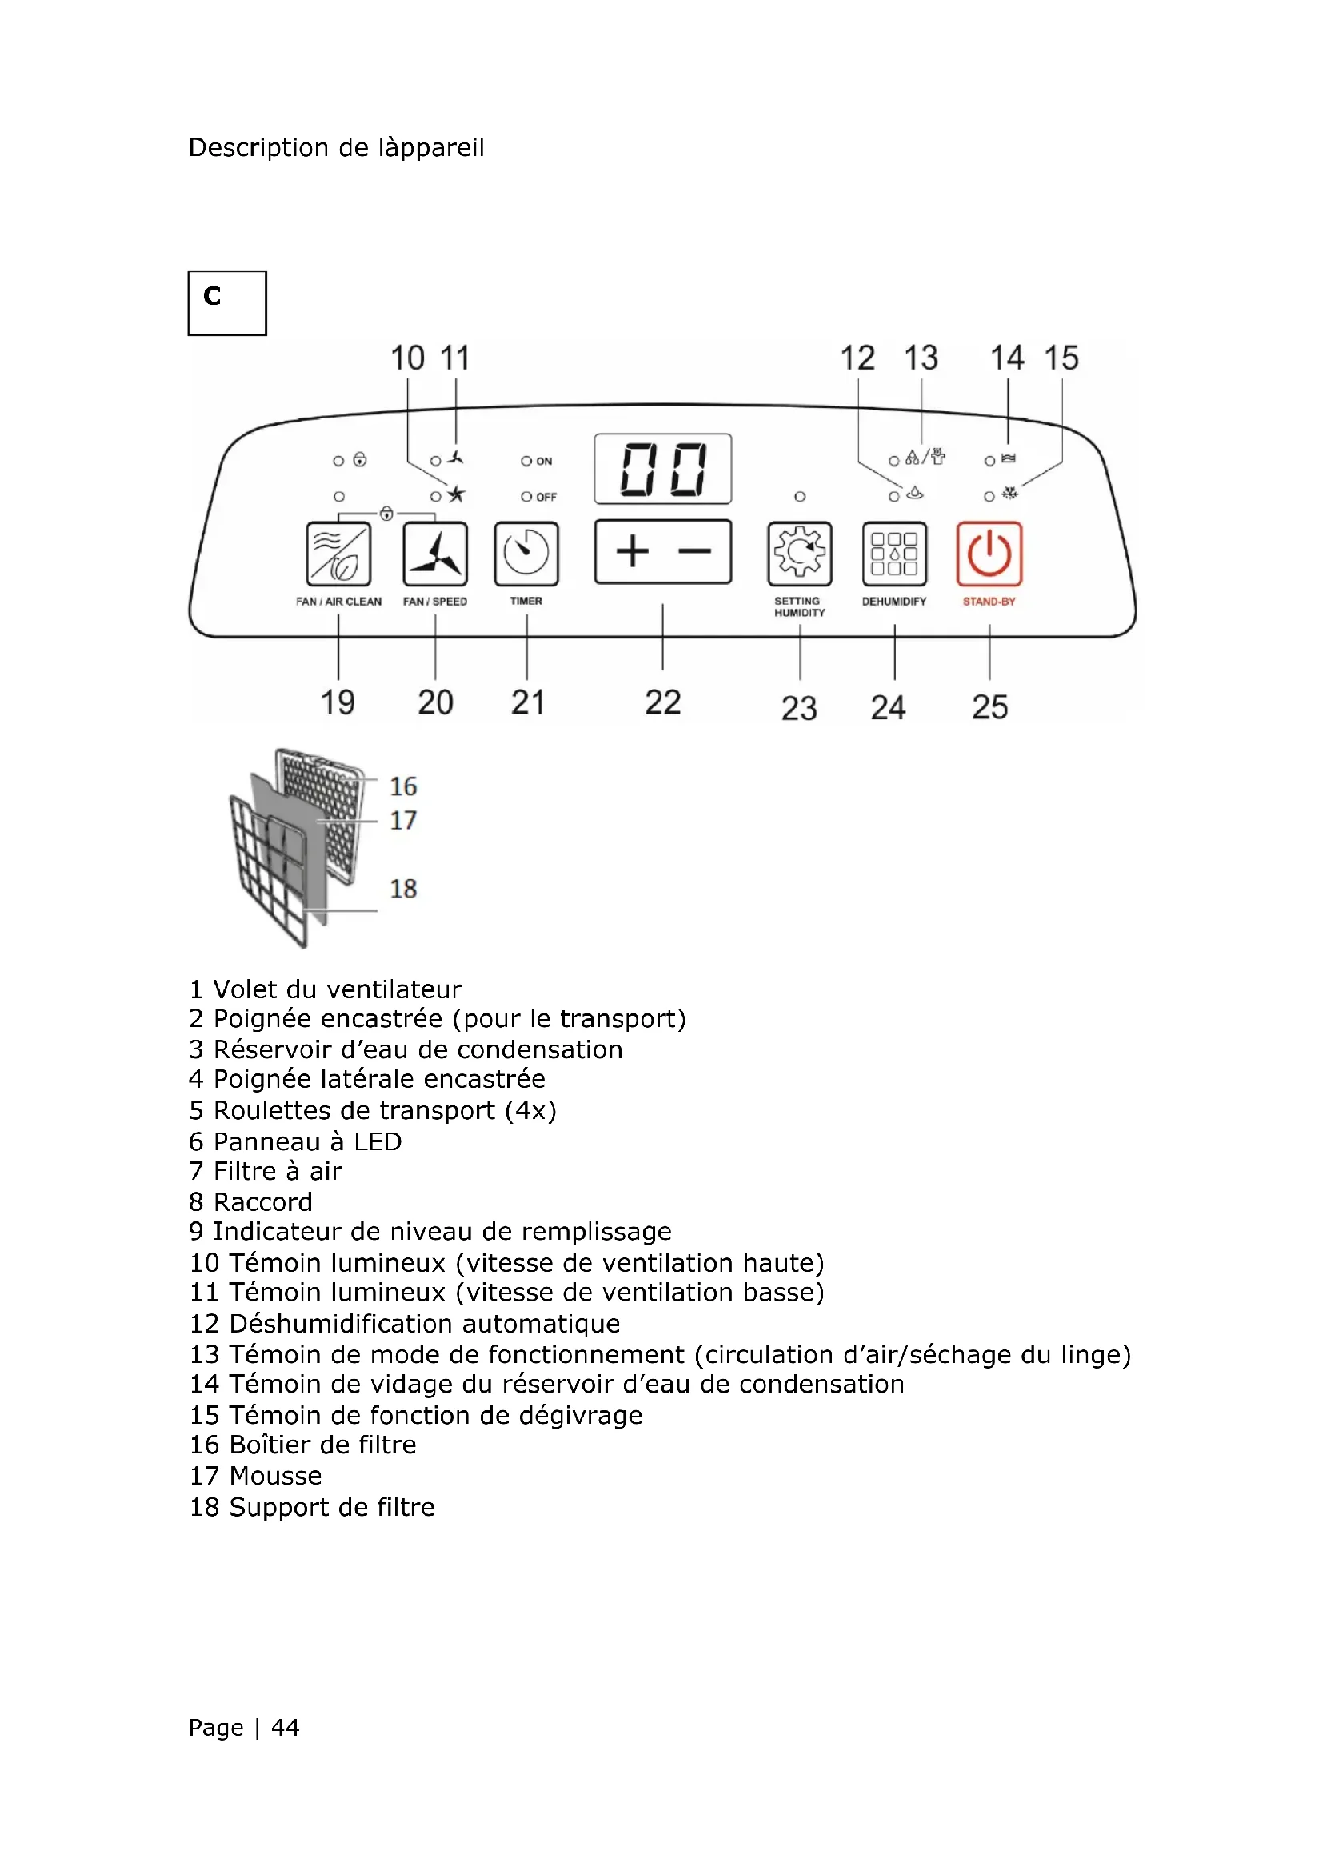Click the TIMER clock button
pos(526,554)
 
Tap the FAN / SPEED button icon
pos(435,554)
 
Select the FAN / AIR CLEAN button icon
pos(338,554)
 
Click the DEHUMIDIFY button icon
pos(894,554)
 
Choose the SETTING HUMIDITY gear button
pos(799,554)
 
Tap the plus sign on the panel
pos(632,552)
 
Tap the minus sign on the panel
pos(694,552)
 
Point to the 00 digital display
pos(663,469)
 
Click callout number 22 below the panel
pos(662,702)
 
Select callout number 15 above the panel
pos(1061,358)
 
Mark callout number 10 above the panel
pos(407,358)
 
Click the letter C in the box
pos(213,295)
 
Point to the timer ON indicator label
pos(543,462)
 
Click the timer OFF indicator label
pos(546,497)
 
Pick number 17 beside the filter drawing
pos(402,820)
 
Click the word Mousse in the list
pos(275,1476)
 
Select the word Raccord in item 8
pos(262,1202)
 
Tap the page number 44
pos(285,1727)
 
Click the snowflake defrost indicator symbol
pos(1010,493)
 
